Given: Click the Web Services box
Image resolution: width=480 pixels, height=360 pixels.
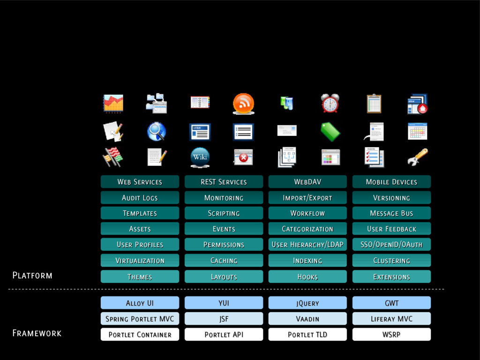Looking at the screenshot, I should click(x=140, y=182).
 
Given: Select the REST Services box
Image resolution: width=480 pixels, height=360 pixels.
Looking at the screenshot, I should click(x=224, y=182).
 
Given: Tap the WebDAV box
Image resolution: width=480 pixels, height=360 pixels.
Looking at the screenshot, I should click(x=307, y=182).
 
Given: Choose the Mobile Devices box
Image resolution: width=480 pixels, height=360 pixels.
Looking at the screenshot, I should click(x=391, y=182).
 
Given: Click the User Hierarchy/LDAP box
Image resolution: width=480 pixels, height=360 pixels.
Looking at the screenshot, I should click(x=307, y=245).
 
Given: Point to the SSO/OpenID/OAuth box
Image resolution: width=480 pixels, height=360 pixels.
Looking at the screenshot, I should click(x=391, y=245).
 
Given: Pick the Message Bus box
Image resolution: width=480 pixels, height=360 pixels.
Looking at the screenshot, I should click(x=391, y=213).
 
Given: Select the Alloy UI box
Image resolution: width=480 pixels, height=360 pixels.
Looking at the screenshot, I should click(x=140, y=303).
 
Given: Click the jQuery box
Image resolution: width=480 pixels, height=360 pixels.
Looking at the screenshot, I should click(x=307, y=303).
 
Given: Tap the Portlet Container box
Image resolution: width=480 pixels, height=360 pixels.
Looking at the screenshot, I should click(x=140, y=335).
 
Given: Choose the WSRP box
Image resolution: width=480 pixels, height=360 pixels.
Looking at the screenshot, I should click(x=391, y=335).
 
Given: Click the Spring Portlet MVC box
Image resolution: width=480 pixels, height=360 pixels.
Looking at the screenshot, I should click(x=140, y=319).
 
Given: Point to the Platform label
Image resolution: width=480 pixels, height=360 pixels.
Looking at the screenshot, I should click(x=32, y=275).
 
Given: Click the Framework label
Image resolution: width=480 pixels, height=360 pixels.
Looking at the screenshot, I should click(x=37, y=333).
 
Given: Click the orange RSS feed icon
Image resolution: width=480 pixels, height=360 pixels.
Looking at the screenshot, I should click(x=243, y=104).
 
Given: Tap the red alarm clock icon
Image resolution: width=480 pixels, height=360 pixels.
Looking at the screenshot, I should click(x=330, y=103).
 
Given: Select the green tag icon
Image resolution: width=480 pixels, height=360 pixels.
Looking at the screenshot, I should click(x=330, y=132).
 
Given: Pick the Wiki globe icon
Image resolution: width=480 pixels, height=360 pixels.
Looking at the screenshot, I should click(x=200, y=157).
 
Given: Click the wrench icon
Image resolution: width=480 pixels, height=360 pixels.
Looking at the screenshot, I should click(x=417, y=157).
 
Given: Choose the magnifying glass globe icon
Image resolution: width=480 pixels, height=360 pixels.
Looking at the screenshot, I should click(x=157, y=132).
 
